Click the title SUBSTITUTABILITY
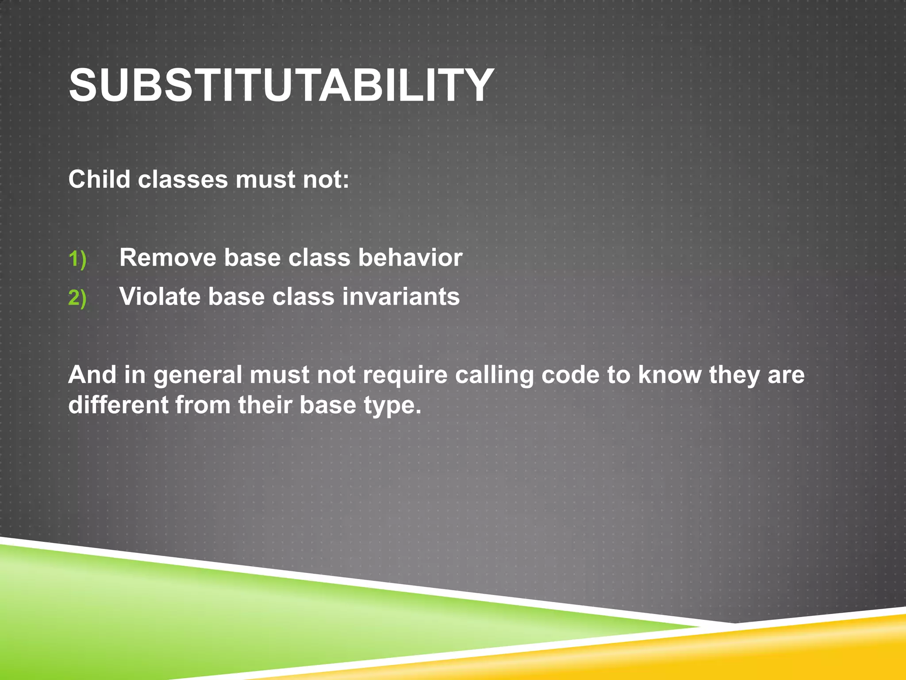tap(281, 85)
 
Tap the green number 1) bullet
tap(77, 259)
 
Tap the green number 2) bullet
tap(77, 297)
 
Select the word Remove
tap(168, 258)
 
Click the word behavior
tap(410, 258)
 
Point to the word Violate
tap(160, 296)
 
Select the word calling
tap(494, 375)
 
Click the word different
tap(118, 405)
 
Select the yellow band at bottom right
tap(752, 651)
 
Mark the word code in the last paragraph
tap(570, 375)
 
